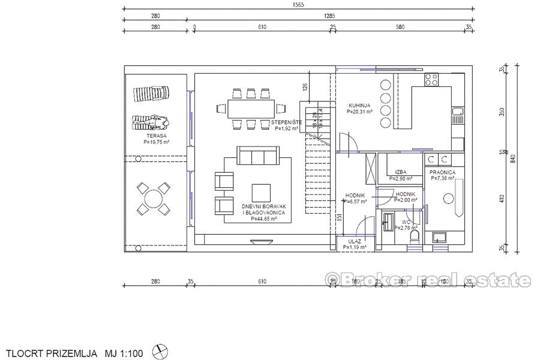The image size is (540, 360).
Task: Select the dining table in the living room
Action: (x=250, y=109)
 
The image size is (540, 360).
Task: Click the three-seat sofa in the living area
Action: (x=257, y=157)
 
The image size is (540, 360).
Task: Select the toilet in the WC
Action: (x=413, y=239)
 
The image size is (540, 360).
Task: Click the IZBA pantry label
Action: (x=401, y=172)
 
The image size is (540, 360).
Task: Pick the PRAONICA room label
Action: (x=442, y=172)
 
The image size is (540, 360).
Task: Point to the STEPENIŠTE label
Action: (x=286, y=122)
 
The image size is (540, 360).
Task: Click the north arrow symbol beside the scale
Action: (x=161, y=351)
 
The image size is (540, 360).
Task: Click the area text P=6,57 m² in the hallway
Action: (x=355, y=202)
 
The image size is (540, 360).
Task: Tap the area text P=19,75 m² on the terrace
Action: (x=156, y=143)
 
